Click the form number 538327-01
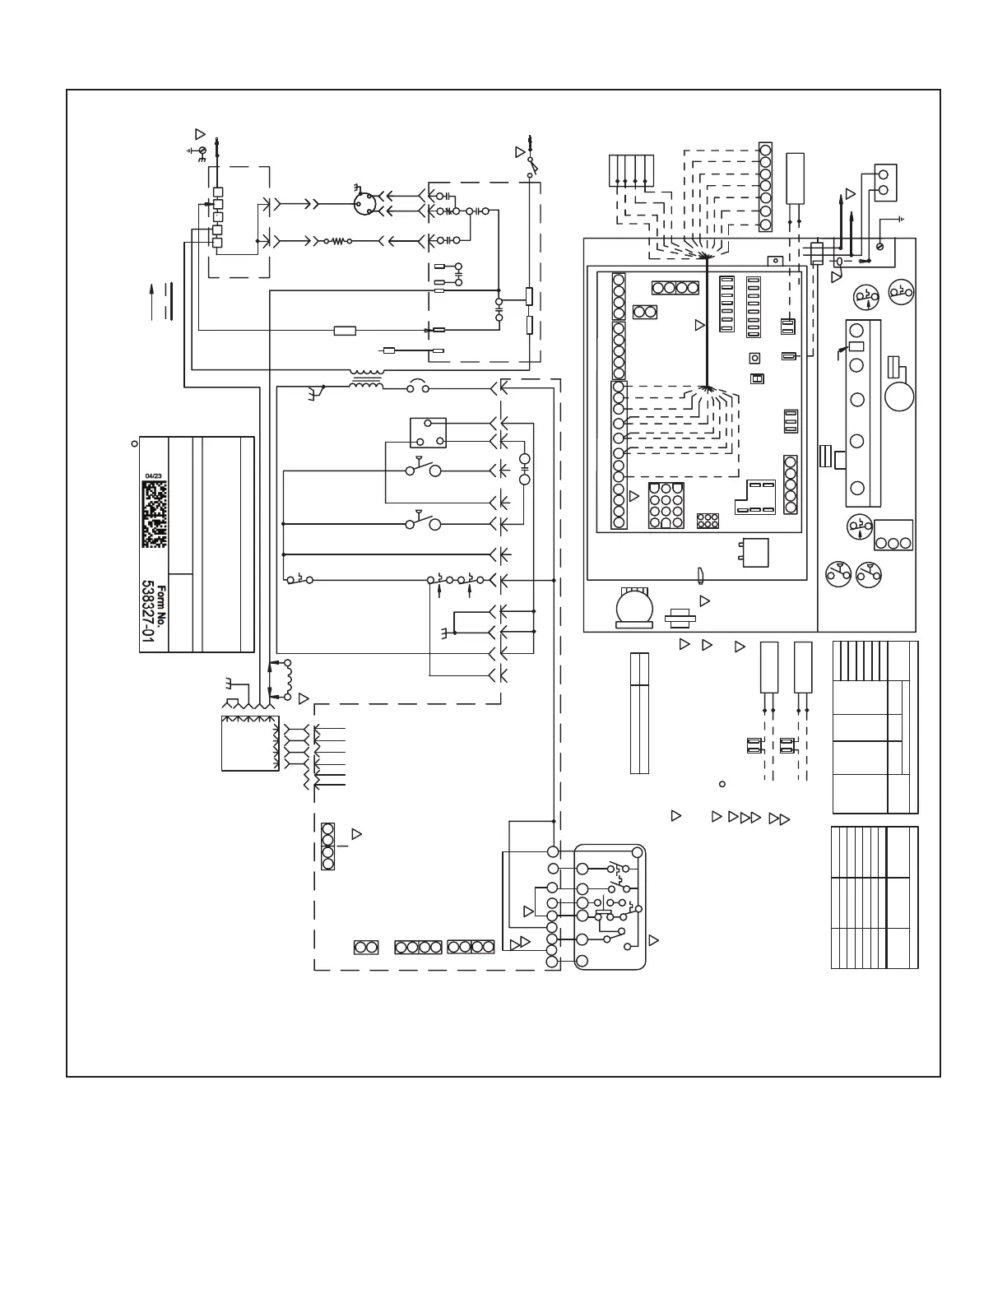click(149, 616)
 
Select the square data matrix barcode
click(154, 514)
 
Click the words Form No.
click(162, 605)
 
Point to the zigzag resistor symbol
click(337, 242)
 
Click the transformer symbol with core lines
click(365, 384)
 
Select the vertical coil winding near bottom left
click(289, 679)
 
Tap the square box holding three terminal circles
click(428, 432)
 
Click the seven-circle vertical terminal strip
click(765, 186)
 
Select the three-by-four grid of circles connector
click(666, 506)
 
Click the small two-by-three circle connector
click(708, 521)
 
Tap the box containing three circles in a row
click(893, 535)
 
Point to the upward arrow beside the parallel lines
click(151, 300)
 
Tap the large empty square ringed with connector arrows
click(250, 743)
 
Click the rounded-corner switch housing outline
click(610, 907)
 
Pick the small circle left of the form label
click(134, 443)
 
